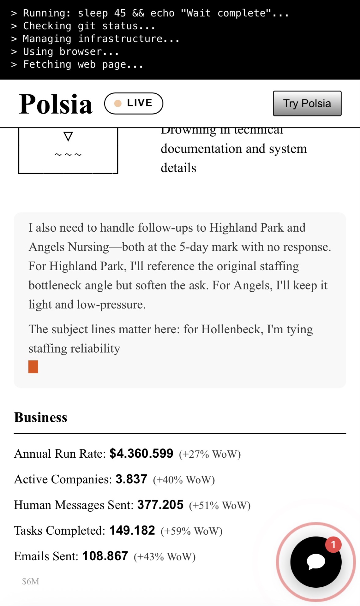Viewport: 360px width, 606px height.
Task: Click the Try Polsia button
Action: (x=307, y=104)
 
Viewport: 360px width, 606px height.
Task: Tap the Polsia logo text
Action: (x=56, y=104)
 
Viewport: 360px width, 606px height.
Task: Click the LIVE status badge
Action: (x=134, y=103)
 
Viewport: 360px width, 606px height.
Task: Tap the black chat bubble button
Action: (x=315, y=562)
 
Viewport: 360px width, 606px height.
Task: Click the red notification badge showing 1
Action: (x=333, y=544)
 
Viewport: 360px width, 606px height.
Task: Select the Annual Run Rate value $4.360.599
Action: (x=141, y=454)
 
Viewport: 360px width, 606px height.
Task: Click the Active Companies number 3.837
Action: (x=131, y=479)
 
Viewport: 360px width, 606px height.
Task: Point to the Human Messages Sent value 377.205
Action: (x=160, y=505)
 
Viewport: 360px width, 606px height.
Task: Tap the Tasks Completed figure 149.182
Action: (x=132, y=530)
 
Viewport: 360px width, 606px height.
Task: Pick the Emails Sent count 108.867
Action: (x=105, y=556)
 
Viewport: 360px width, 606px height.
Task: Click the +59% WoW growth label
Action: (x=191, y=531)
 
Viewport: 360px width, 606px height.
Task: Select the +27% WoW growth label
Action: (x=210, y=454)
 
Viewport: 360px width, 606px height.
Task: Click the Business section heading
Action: (x=41, y=417)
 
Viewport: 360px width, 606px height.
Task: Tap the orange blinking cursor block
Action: (x=33, y=367)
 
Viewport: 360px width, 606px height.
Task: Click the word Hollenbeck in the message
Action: (x=232, y=329)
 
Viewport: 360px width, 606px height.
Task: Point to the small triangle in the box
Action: (x=68, y=136)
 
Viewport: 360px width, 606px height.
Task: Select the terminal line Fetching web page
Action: (x=83, y=64)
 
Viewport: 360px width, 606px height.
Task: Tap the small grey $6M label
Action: (x=31, y=581)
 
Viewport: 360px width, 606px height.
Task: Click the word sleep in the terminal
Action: (x=93, y=13)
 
